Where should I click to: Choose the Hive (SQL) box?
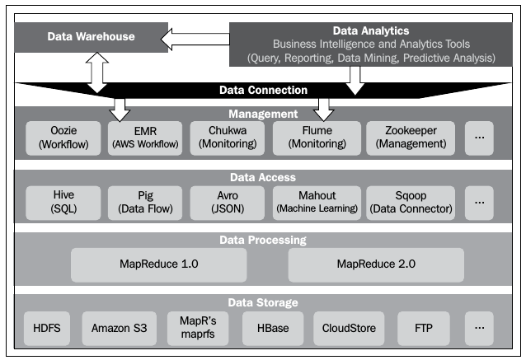point(63,202)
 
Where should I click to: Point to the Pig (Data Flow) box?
point(146,202)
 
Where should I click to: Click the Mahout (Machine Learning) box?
point(317,202)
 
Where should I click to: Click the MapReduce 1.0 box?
point(159,265)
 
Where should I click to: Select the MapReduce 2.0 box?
point(376,265)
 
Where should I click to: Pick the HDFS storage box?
point(48,328)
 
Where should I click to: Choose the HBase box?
point(273,328)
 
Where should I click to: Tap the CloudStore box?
point(350,328)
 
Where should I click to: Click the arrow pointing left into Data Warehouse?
point(195,37)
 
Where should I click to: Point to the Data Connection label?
point(263,90)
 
